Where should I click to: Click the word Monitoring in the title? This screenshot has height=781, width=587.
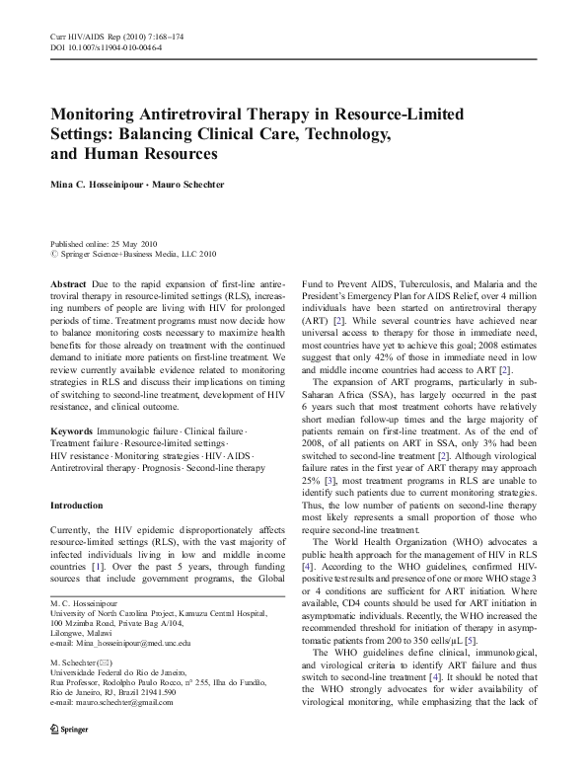[x=94, y=116]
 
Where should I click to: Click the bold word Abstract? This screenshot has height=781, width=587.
[x=67, y=282]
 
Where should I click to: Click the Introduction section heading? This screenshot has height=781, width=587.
[x=82, y=507]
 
